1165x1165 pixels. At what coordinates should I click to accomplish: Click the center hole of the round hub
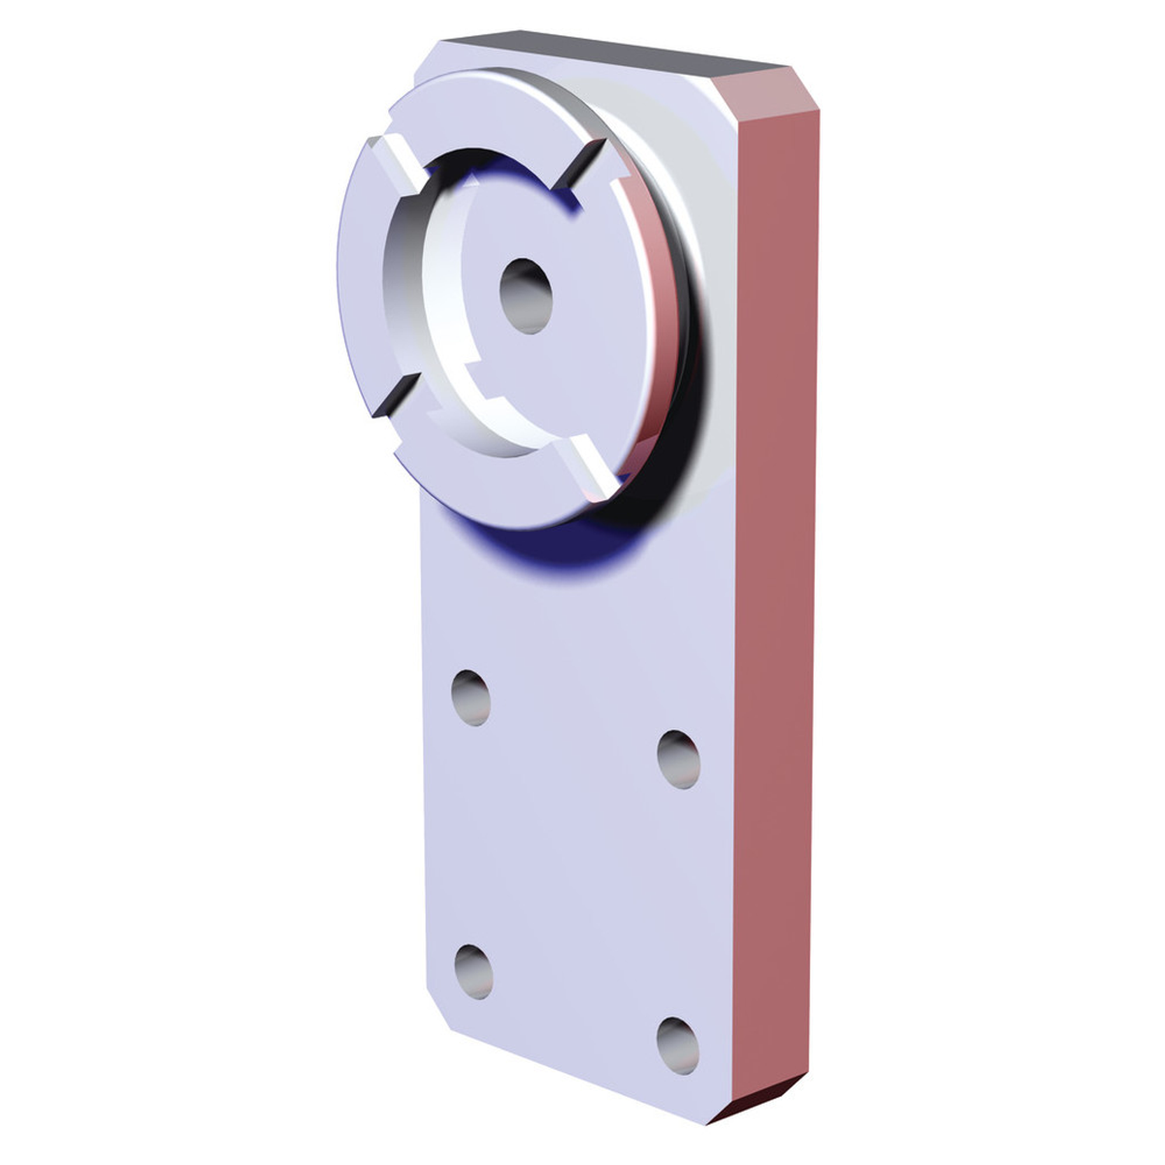[x=526, y=297]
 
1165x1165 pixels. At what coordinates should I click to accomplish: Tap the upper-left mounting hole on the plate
[x=471, y=697]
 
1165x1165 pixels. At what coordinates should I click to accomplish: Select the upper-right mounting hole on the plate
[x=678, y=759]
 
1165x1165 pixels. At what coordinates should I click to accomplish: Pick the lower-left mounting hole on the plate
[x=473, y=971]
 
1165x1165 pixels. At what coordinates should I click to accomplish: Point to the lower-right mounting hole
[x=677, y=1045]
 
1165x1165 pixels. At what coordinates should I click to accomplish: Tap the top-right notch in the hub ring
[x=580, y=165]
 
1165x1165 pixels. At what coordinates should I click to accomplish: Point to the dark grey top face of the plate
[x=606, y=51]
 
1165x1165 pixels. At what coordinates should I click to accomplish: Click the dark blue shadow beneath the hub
[x=559, y=548]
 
